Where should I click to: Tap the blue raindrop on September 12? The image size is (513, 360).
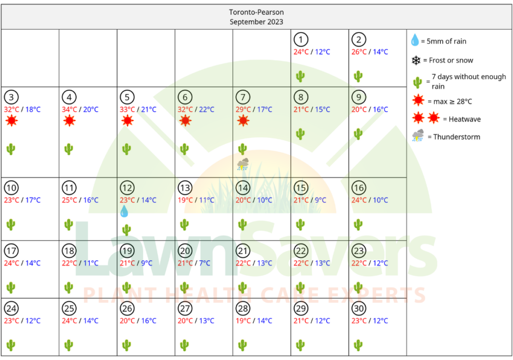point(124,212)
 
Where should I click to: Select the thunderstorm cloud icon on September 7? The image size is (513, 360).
point(243,164)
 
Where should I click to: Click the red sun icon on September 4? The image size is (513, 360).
point(70,121)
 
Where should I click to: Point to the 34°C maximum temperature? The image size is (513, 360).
point(70,110)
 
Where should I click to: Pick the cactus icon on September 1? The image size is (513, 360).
point(300,76)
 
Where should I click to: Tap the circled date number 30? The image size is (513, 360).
point(359,308)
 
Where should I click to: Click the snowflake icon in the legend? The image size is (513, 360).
point(416,61)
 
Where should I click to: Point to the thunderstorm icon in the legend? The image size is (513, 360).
point(418,136)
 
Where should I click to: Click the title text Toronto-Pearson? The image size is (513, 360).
point(256,13)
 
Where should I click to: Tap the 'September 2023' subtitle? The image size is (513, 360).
point(256,22)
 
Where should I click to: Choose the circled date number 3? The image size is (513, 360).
point(12,97)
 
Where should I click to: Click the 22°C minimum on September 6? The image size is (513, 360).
point(206,110)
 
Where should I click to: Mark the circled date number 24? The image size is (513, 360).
point(12,308)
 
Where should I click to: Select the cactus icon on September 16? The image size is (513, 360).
point(358,224)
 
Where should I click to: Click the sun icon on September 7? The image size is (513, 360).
point(243,121)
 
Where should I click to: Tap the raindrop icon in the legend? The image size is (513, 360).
point(415,41)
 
